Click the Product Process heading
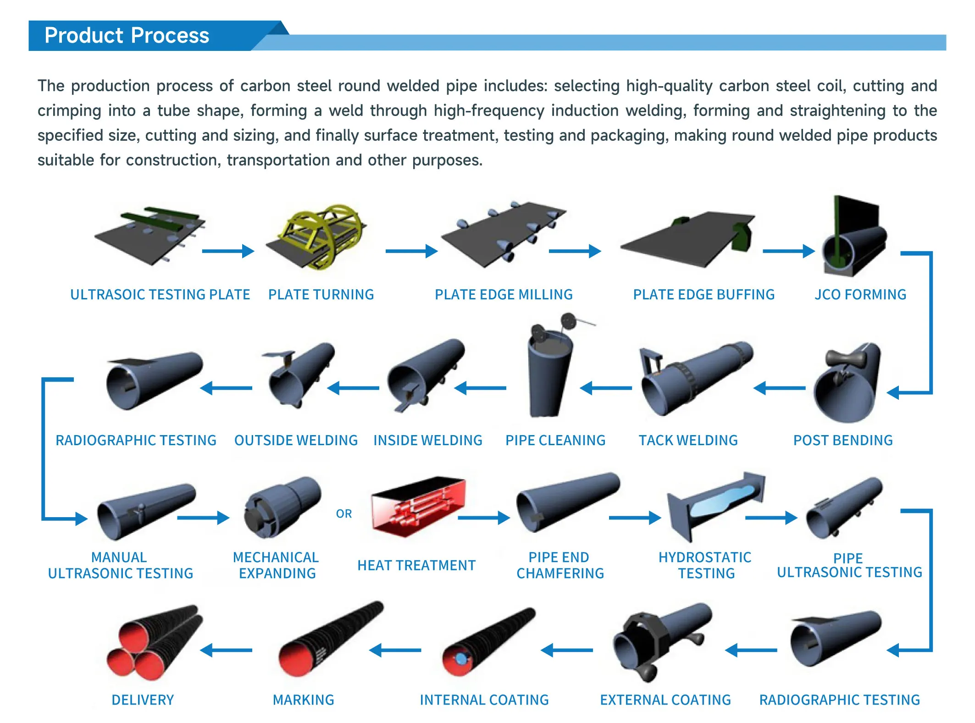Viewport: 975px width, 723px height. [x=127, y=35]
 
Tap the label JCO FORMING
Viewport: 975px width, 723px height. [x=860, y=294]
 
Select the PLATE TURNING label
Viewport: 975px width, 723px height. [x=321, y=294]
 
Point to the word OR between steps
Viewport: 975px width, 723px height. [x=344, y=513]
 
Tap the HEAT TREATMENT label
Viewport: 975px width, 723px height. [x=416, y=565]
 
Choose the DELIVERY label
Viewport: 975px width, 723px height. [x=143, y=700]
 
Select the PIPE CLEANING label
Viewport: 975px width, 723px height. [x=555, y=440]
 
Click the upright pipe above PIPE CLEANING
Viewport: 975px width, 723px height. [x=550, y=371]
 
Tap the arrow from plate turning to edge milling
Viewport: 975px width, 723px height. [x=411, y=251]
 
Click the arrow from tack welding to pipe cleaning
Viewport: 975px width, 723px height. [x=605, y=388]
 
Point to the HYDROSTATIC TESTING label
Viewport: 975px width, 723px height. [x=705, y=565]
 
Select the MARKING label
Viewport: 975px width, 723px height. [x=303, y=700]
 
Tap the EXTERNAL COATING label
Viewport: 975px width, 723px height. [x=665, y=700]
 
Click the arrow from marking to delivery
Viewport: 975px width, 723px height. [x=226, y=650]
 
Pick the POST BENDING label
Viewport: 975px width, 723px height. [x=843, y=440]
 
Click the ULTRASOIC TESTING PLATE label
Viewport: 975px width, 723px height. [x=160, y=294]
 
